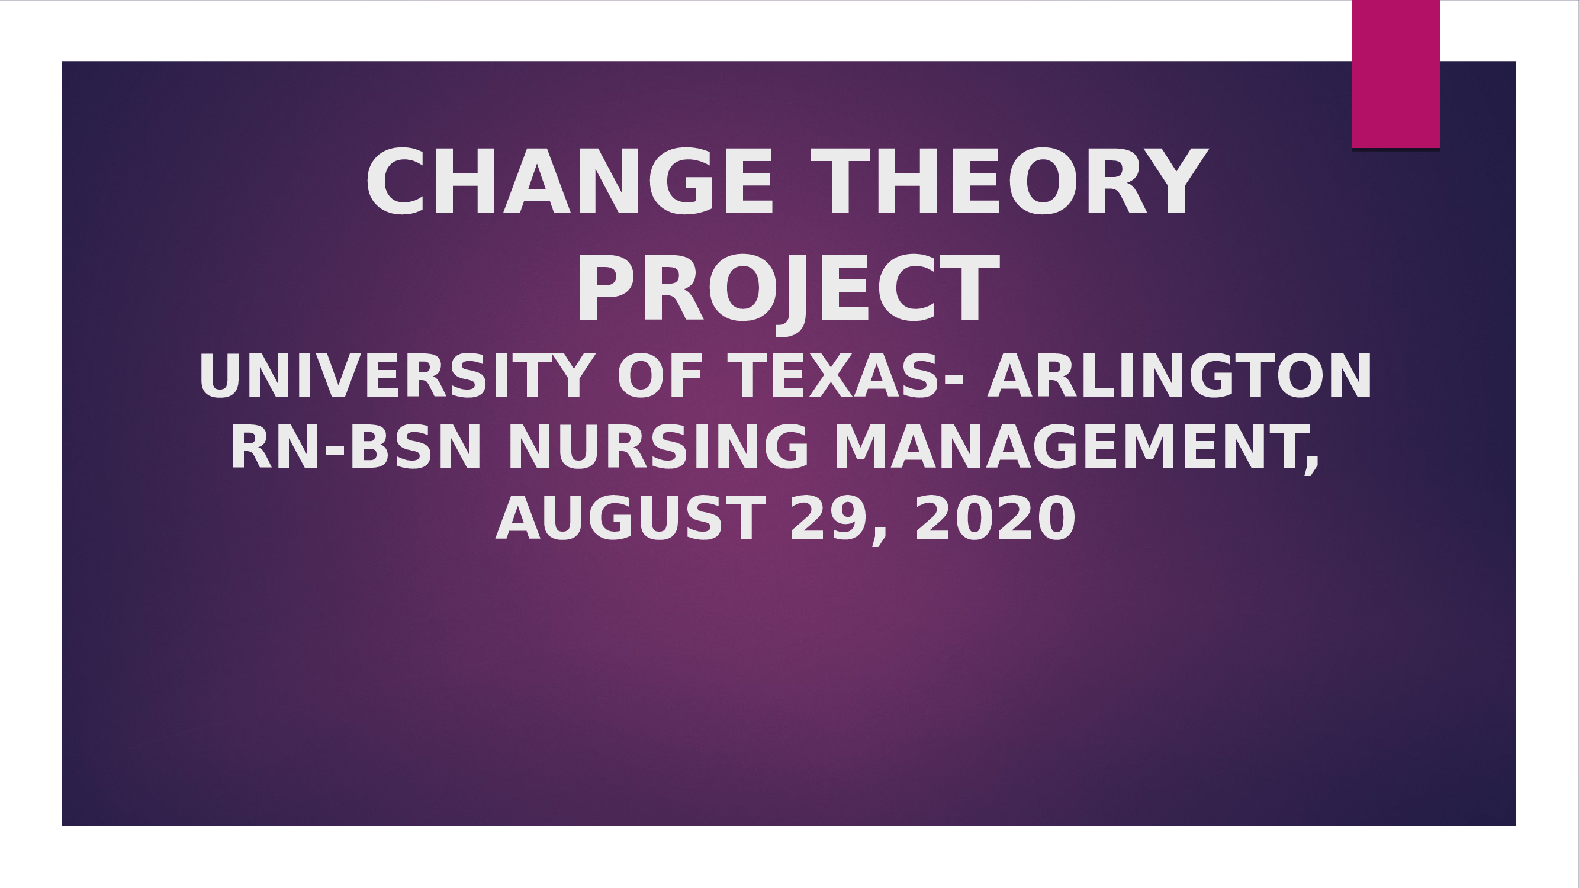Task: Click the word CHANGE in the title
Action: point(569,182)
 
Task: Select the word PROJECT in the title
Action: point(787,289)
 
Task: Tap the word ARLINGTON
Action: point(1180,377)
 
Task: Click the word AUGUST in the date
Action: point(630,519)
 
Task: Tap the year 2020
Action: point(994,519)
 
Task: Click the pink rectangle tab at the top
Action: point(1395,73)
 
